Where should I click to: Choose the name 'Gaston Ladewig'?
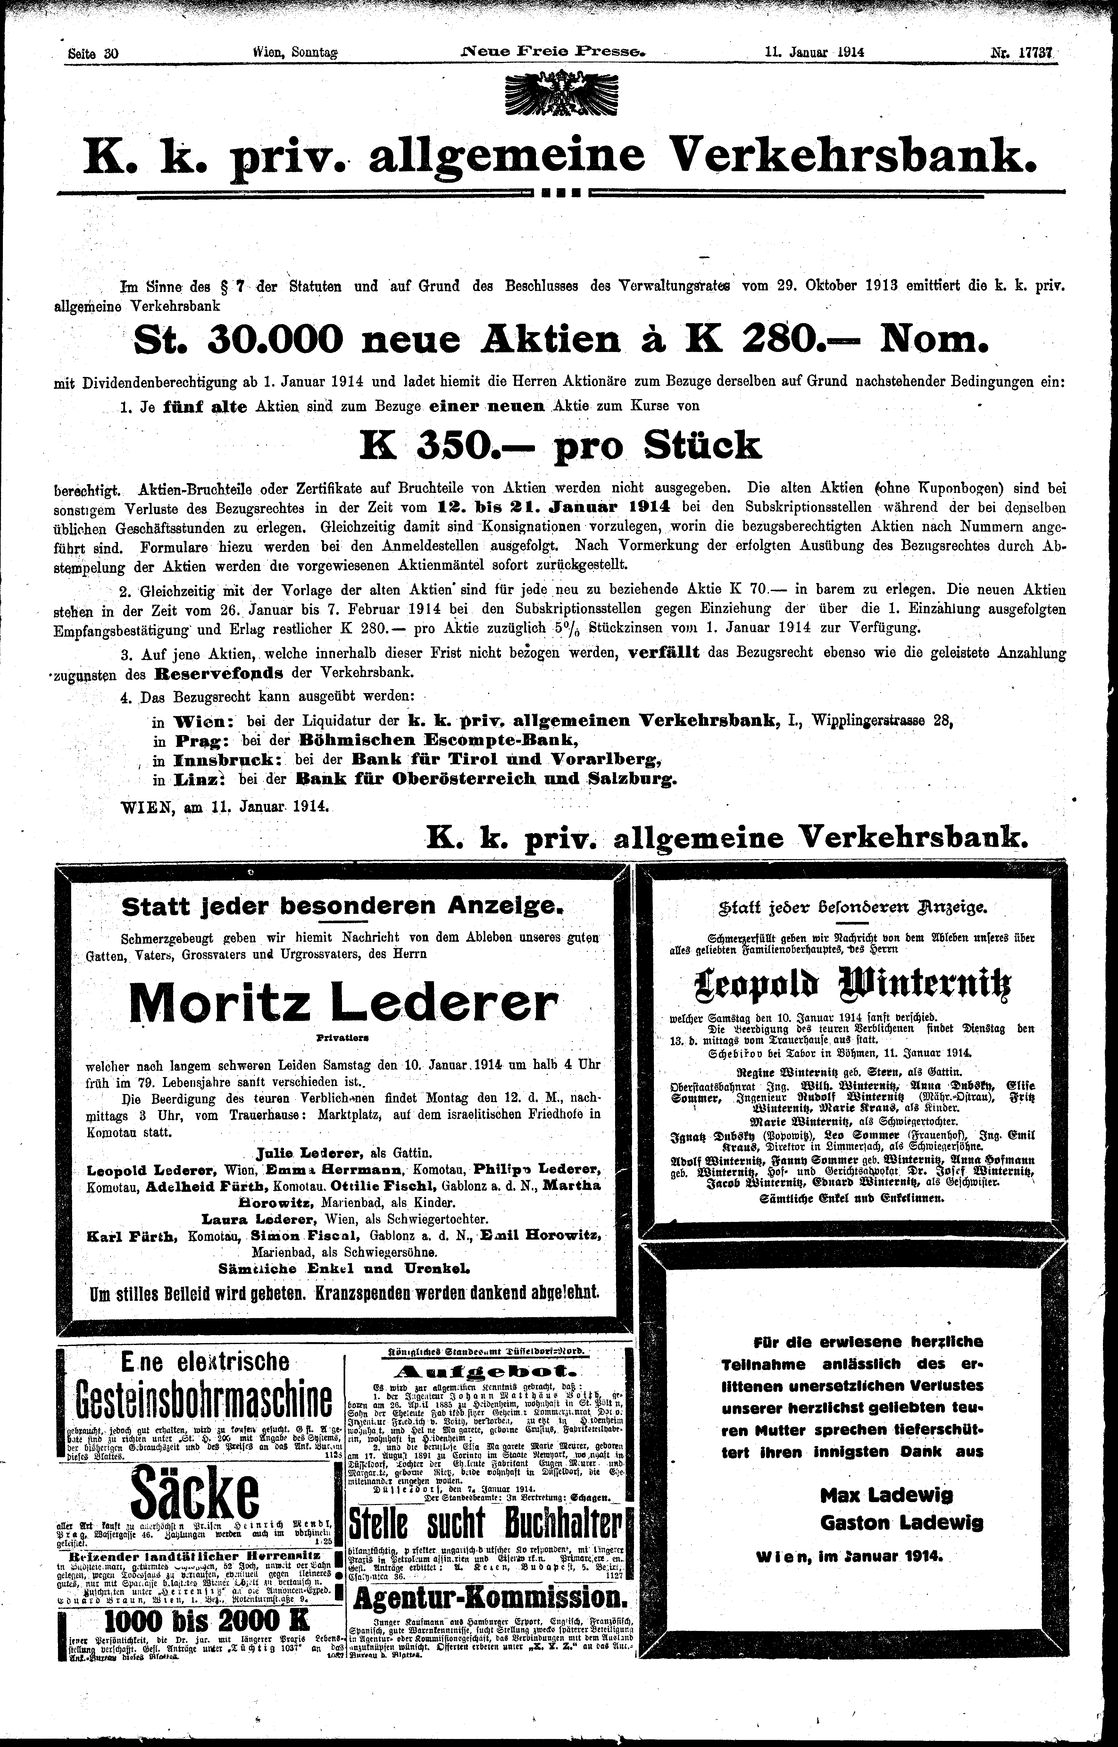[902, 1522]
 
